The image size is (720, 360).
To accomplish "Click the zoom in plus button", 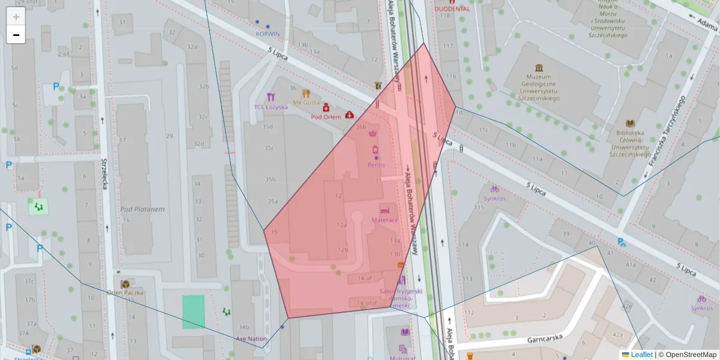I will click(x=16, y=17).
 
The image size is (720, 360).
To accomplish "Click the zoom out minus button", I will click(x=16, y=35).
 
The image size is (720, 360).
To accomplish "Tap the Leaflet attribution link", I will click(x=641, y=355).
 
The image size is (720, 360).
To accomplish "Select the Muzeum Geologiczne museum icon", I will click(x=538, y=67).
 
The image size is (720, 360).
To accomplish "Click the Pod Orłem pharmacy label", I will click(x=326, y=117).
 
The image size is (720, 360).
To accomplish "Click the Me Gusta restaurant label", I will click(x=306, y=103).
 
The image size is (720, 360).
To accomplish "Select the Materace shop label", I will click(x=385, y=220).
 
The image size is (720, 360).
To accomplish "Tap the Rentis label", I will click(x=376, y=164).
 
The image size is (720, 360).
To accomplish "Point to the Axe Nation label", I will click(x=250, y=338).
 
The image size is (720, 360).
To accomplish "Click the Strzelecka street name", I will click(x=104, y=174).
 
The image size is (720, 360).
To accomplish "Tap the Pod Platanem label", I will click(x=142, y=209).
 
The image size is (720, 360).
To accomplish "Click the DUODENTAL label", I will click(x=452, y=10).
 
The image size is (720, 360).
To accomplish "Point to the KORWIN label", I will click(x=268, y=34).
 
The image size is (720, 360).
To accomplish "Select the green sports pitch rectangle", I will click(x=193, y=311).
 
